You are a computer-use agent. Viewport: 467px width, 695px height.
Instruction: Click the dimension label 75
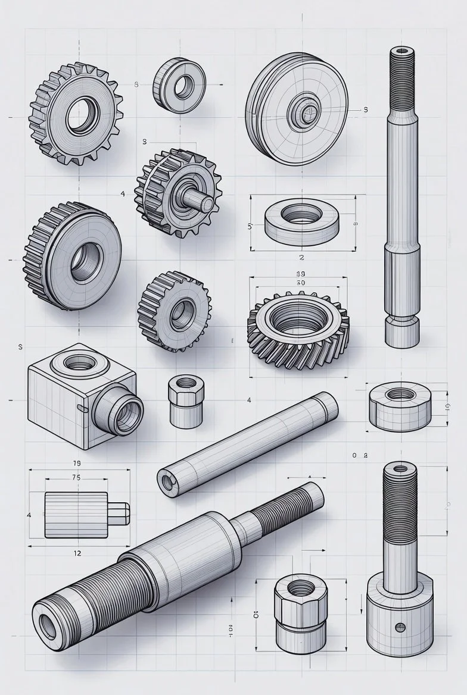pos(76,477)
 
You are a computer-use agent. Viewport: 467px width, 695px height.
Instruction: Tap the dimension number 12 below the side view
pos(77,553)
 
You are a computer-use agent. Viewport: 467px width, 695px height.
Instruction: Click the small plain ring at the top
pos(179,83)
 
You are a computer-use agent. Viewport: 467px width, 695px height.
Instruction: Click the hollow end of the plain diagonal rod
pos(166,481)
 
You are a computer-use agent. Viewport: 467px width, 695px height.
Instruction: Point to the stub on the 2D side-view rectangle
pos(119,514)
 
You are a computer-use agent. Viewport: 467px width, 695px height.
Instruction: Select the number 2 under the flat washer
pos(301,258)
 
